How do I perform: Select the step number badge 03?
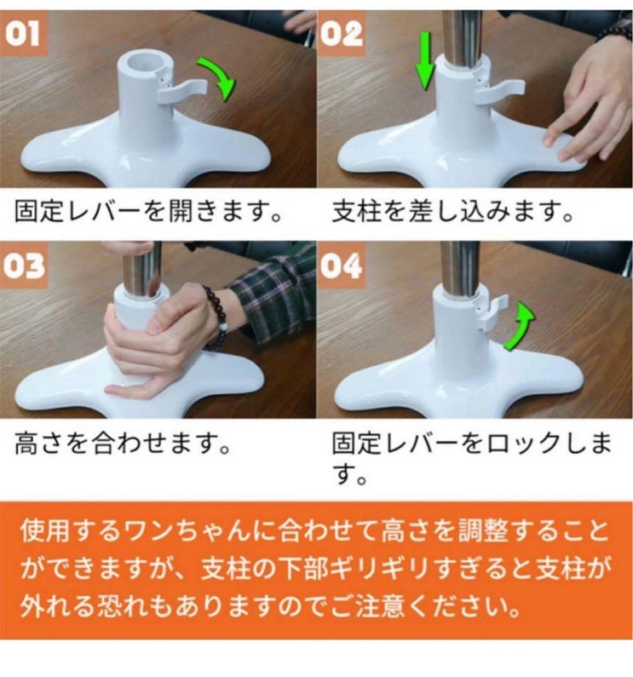(x=23, y=266)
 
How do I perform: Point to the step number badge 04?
(x=342, y=266)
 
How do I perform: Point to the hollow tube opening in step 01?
(x=142, y=62)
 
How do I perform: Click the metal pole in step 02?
(x=462, y=34)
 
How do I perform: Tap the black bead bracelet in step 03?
(x=216, y=317)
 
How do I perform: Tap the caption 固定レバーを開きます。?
(x=147, y=213)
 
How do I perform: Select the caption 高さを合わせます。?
(x=120, y=447)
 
